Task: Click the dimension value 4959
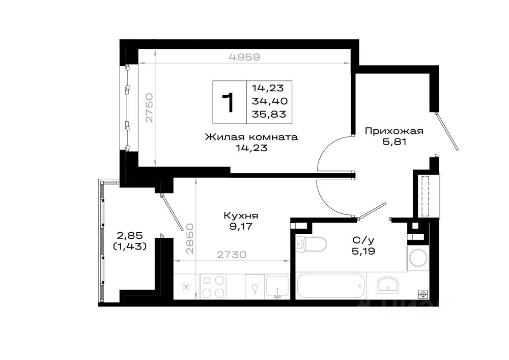pyautogui.click(x=244, y=57)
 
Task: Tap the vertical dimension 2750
pyautogui.click(x=149, y=108)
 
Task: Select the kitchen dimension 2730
pyautogui.click(x=232, y=255)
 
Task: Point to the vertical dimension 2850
pyautogui.click(x=190, y=239)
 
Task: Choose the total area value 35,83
pyautogui.click(x=269, y=114)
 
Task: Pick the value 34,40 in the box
pyautogui.click(x=270, y=101)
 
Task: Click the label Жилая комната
pyautogui.click(x=251, y=137)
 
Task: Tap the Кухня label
pyautogui.click(x=241, y=215)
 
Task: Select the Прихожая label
pyautogui.click(x=394, y=131)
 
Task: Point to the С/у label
pyautogui.click(x=363, y=240)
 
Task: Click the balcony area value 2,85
pyautogui.click(x=130, y=235)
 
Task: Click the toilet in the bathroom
pyautogui.click(x=312, y=244)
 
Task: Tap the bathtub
pyautogui.click(x=331, y=286)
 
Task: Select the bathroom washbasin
pyautogui.click(x=387, y=285)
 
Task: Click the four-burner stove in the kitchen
pyautogui.click(x=213, y=287)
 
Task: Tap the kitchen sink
pyautogui.click(x=277, y=287)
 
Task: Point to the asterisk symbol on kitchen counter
pyautogui.click(x=186, y=287)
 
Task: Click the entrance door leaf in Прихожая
pyautogui.click(x=447, y=131)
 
